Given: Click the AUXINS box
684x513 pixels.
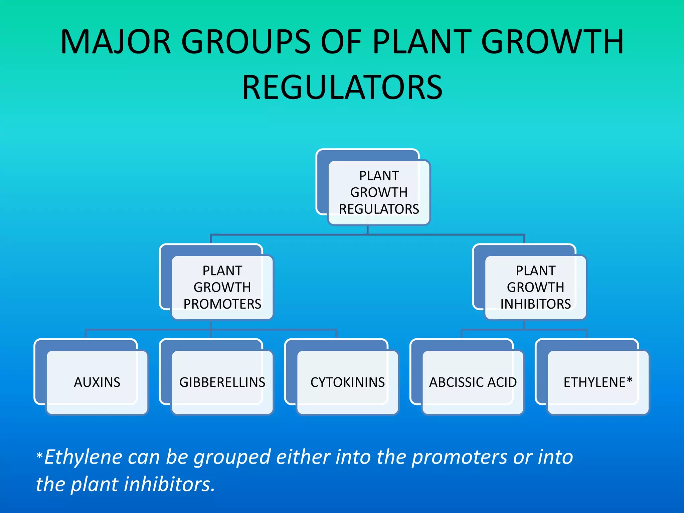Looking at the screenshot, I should coord(97,382).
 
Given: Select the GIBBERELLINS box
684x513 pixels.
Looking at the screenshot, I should coord(222,382).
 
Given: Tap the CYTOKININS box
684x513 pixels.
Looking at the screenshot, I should coord(347,382).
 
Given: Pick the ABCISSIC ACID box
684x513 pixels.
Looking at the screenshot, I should coord(473,382).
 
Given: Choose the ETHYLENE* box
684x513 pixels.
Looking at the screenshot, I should coord(598,382).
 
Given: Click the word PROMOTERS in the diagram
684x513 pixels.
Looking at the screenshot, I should coord(222,304).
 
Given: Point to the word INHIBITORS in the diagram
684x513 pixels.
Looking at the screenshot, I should coord(535,304).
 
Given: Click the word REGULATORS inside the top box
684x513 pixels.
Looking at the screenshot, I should coord(379,209).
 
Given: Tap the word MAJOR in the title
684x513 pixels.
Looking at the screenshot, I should coord(116,42).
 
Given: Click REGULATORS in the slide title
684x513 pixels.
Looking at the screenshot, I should coord(342,88).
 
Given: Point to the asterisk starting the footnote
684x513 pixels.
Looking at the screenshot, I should coord(39,456).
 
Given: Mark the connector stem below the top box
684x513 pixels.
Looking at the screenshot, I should coord(367,230).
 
